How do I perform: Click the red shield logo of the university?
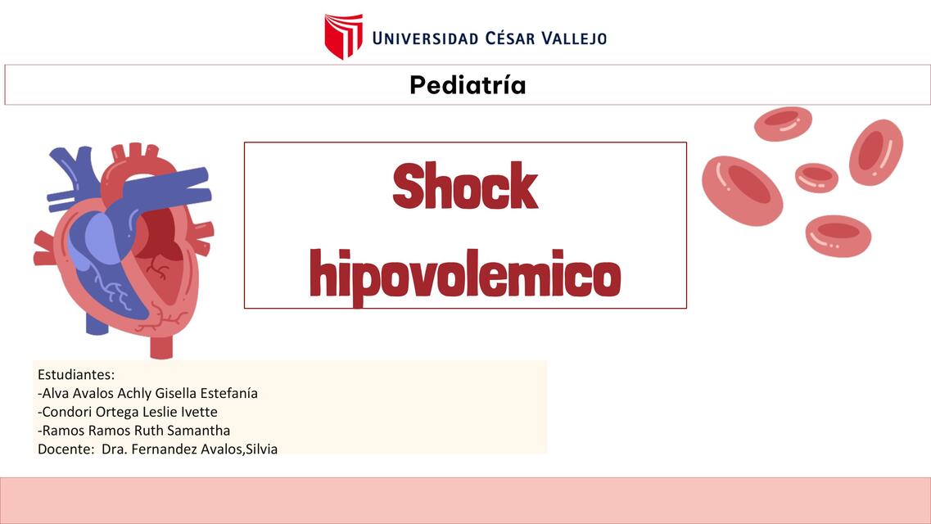343,36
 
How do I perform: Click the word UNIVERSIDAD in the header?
425,38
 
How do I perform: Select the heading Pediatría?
468,84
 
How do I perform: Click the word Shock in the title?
464,187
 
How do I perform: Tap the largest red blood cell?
742,190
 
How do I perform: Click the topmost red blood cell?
783,124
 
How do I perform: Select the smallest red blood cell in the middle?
816,177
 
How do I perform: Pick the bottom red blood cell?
837,235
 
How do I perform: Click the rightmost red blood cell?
875,152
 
